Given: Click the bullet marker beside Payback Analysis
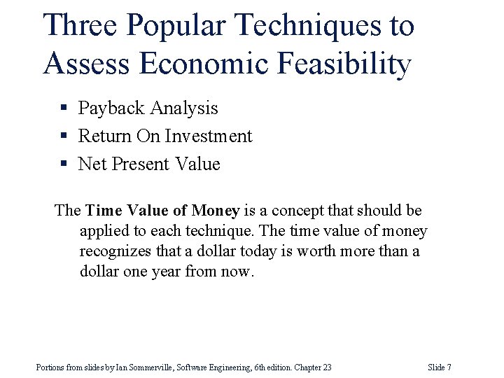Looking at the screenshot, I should pos(63,108).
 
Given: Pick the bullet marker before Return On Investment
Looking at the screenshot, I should pos(63,136).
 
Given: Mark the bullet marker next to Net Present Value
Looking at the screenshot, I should pos(63,164).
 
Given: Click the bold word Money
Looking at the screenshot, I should pos(216,211).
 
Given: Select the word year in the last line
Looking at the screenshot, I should pos(164,271).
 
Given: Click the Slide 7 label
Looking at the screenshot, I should pos(439,367).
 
